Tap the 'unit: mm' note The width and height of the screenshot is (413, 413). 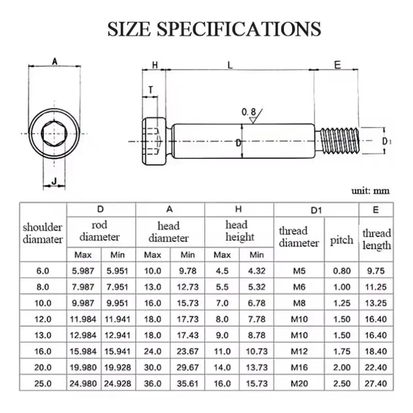click(x=370, y=191)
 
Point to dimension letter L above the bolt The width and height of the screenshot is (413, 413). click(x=230, y=65)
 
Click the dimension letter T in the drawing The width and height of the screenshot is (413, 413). click(x=150, y=89)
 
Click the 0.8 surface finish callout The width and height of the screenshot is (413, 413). click(x=248, y=112)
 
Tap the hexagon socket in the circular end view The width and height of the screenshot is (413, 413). click(x=54, y=133)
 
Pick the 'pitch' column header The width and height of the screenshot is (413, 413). click(x=342, y=240)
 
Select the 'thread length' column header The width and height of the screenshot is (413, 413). click(x=376, y=240)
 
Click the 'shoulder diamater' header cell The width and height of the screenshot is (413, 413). click(x=43, y=233)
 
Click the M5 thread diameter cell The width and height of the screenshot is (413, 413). click(x=299, y=271)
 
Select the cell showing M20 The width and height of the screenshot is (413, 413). click(x=299, y=384)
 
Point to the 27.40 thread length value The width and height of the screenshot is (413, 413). click(x=376, y=384)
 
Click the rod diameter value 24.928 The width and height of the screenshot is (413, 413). click(x=118, y=384)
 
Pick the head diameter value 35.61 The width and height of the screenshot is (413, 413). click(x=187, y=384)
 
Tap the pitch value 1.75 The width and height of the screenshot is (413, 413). click(x=342, y=352)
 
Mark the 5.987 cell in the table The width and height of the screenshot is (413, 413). click(x=83, y=271)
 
